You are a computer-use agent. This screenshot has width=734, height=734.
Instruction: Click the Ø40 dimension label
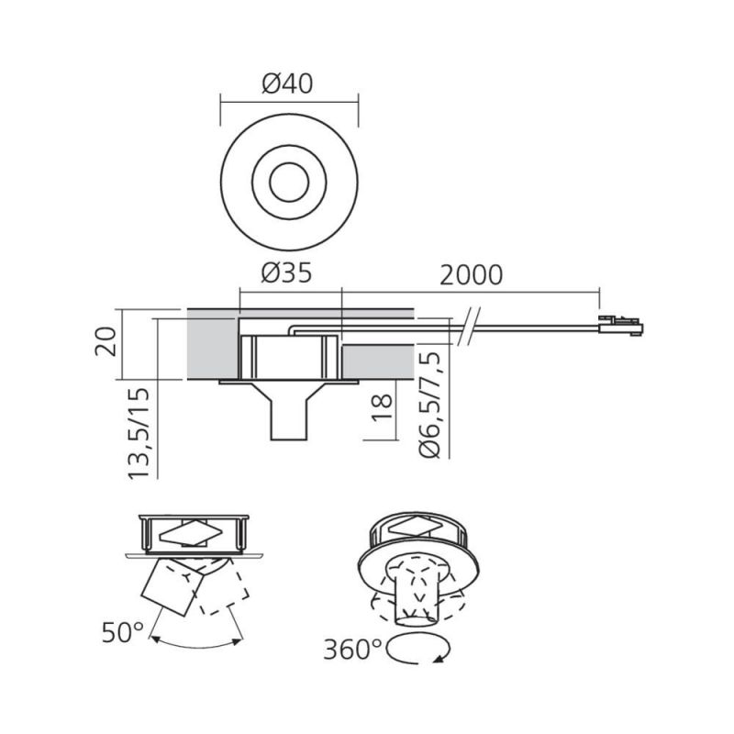[x=287, y=83]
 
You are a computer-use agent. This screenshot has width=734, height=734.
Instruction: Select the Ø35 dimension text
[x=286, y=272]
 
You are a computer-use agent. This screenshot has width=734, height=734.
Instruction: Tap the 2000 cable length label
[x=471, y=274]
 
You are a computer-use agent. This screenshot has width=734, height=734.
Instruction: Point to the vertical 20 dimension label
[x=106, y=341]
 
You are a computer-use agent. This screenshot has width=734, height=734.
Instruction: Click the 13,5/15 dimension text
[x=139, y=433]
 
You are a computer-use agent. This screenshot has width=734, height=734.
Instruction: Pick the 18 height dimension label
[x=382, y=407]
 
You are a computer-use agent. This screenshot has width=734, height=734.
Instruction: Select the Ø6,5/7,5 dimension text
[x=430, y=405]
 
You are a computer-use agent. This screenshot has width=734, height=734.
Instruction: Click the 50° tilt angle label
[x=123, y=633]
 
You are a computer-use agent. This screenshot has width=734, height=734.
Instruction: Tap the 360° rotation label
[x=353, y=650]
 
